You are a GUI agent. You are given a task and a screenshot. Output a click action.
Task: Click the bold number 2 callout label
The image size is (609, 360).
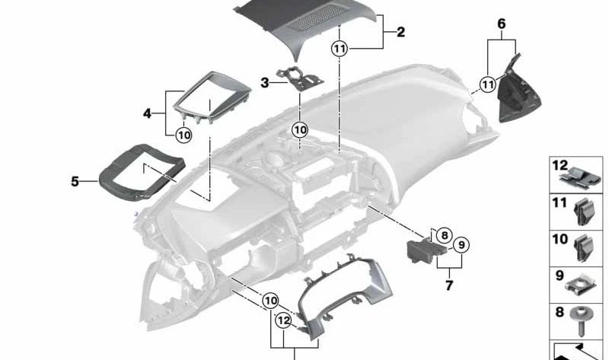tap(401, 33)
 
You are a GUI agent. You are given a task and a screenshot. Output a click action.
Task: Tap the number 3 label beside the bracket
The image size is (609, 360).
tap(265, 82)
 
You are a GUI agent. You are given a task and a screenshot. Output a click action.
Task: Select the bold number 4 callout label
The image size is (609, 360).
tap(147, 113)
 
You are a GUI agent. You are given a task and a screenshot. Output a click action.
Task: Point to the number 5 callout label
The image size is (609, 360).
tap(75, 182)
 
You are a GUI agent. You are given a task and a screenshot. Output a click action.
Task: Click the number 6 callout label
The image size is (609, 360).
tap(502, 24)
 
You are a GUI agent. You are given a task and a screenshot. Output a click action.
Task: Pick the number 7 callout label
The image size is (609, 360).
tap(449, 285)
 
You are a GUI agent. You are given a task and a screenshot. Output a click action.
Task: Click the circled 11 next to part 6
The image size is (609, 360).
tap(487, 84)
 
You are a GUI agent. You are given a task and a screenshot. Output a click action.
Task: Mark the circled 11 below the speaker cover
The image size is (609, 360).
tap(340, 49)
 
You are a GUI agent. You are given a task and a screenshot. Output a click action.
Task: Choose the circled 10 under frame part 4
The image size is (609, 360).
tap(183, 135)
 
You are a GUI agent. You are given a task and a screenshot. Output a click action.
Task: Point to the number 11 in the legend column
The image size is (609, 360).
tap(560, 202)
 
